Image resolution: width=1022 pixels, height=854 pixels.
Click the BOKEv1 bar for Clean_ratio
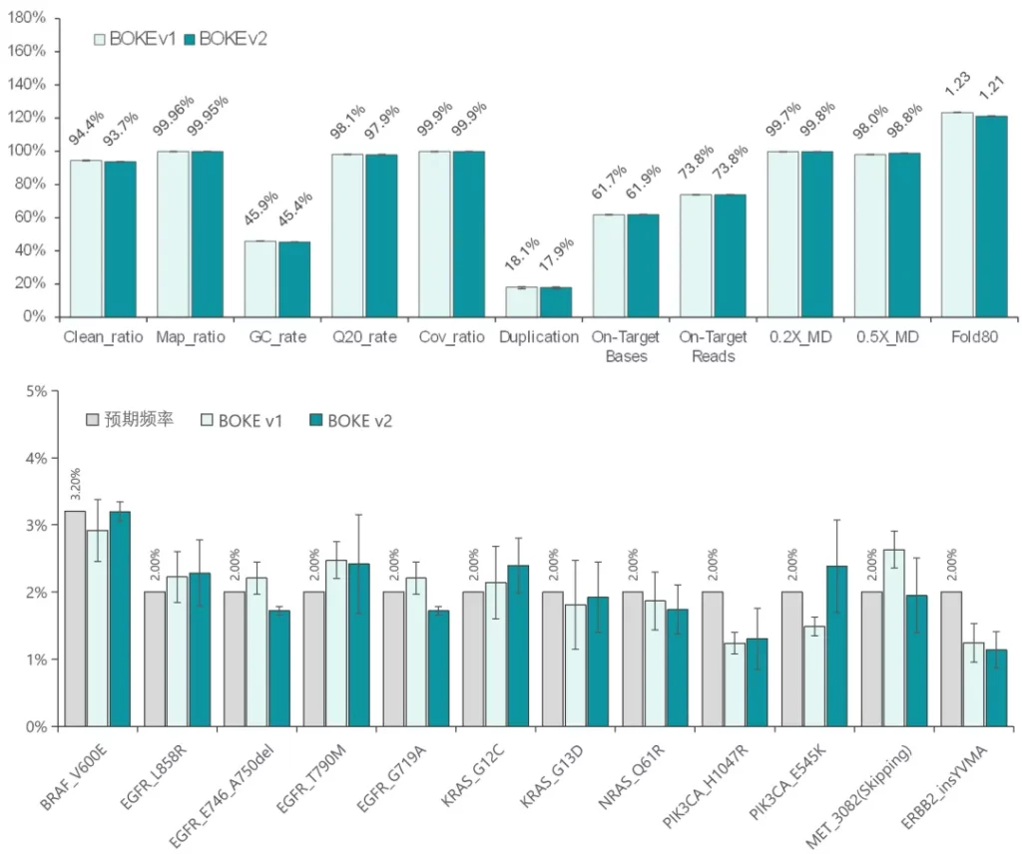86,238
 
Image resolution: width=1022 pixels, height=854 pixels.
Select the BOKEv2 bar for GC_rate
293,279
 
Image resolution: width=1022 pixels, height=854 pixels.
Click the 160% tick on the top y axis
30,51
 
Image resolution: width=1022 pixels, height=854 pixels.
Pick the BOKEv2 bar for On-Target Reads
730,255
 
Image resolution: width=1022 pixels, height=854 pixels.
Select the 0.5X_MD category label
887,337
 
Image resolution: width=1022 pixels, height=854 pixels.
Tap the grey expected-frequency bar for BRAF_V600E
75,619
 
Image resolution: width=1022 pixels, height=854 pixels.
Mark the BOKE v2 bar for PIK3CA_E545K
836,645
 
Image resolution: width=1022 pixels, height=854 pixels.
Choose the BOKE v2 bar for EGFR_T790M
358,644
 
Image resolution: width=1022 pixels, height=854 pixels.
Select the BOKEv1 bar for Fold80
957,214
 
